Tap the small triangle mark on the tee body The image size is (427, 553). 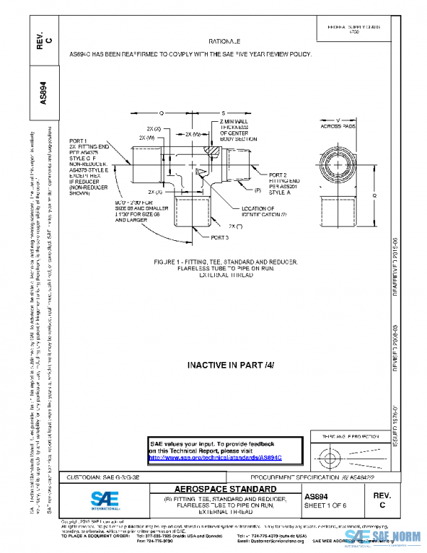click(x=201, y=172)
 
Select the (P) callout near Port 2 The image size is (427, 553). click(x=258, y=191)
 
